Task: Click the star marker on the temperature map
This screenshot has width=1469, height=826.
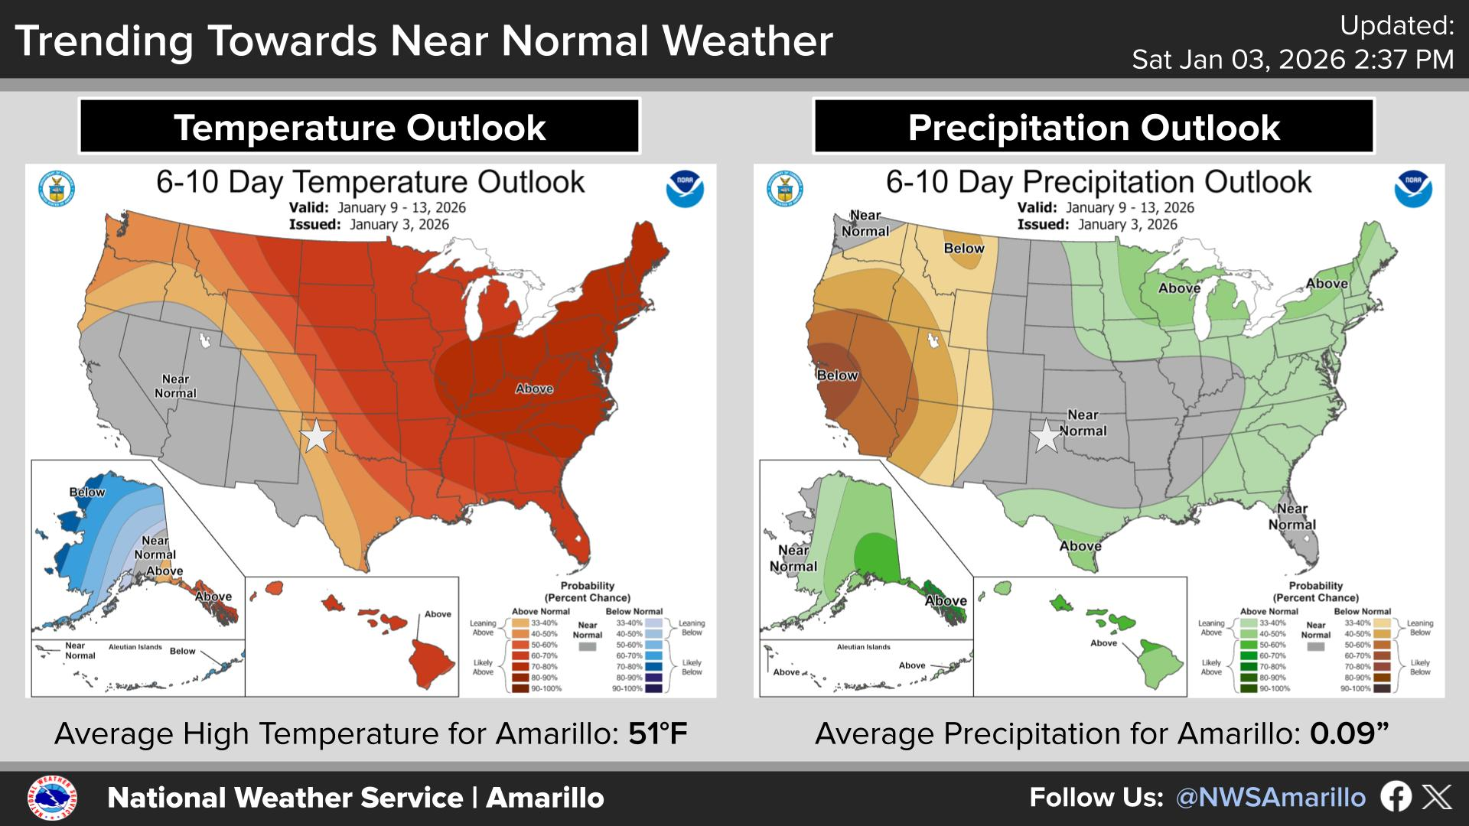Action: coord(317,436)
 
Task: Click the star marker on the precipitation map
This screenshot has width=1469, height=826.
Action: coord(1046,436)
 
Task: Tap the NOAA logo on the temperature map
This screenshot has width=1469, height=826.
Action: coord(685,189)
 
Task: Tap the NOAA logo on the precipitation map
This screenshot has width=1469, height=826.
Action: coord(1413,189)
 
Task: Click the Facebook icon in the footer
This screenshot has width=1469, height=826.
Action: coord(1396,797)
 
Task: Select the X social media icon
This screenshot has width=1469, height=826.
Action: coord(1437,797)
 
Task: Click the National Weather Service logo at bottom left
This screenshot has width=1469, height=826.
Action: coord(52,798)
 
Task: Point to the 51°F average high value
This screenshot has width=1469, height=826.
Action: coord(658,734)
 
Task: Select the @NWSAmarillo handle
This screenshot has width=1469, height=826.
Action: coord(1270,798)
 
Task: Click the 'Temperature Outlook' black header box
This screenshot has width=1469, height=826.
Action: coord(359,127)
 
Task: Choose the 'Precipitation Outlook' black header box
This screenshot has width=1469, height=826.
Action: coord(1093,127)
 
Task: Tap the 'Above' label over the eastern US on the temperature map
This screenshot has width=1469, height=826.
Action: coord(534,389)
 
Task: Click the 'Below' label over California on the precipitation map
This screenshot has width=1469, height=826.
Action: coord(837,376)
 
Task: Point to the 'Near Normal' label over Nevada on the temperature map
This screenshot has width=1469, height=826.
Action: coord(175,386)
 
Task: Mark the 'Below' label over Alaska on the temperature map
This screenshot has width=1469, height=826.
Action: coord(87,492)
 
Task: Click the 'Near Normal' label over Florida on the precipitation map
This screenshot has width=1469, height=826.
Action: coord(1292,517)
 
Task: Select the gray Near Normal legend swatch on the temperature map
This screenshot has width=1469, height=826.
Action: coord(588,647)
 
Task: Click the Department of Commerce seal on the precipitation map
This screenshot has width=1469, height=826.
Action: coord(785,189)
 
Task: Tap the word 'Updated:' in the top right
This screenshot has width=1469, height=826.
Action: coord(1397,26)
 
